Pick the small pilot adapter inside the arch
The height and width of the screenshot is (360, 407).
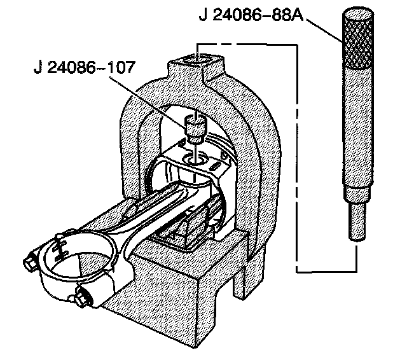(193, 128)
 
